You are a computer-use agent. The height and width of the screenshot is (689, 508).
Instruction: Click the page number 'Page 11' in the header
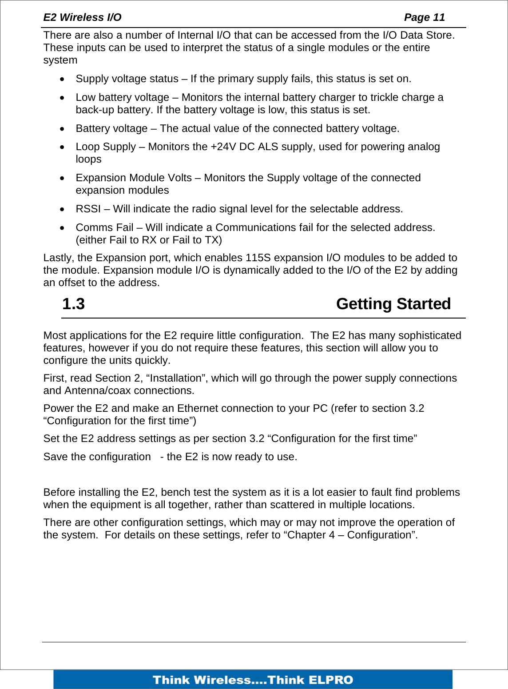(x=424, y=17)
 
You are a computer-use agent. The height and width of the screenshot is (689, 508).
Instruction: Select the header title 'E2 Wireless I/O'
(x=82, y=17)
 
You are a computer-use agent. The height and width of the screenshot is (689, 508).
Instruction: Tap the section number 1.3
(x=73, y=304)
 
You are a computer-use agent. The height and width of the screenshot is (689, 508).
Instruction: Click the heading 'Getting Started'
(x=393, y=304)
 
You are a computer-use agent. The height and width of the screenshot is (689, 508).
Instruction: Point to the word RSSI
(x=88, y=209)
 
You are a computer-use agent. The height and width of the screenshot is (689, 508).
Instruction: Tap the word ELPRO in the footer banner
(x=330, y=680)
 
